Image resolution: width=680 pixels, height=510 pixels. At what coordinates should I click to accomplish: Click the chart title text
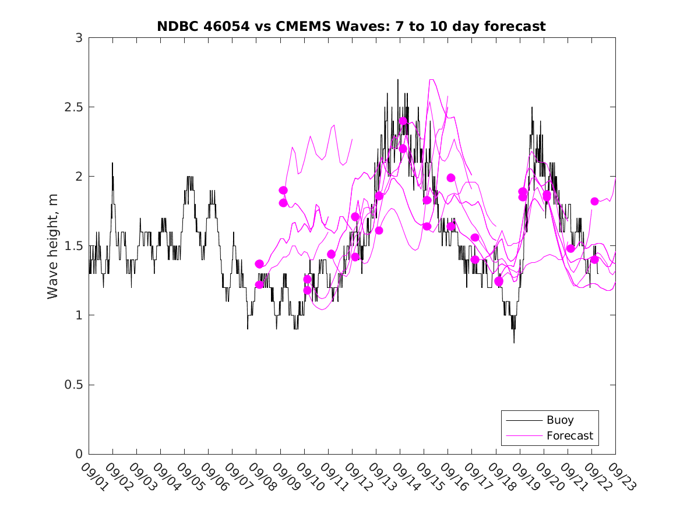pos(351,26)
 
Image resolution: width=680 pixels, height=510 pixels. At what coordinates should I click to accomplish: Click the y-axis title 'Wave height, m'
pos(53,246)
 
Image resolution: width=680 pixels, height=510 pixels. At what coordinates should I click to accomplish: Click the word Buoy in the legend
pos(560,420)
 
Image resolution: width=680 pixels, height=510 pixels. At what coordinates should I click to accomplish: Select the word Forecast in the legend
pos(570,435)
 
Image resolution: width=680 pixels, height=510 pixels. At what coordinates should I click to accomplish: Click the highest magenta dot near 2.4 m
pos(403,121)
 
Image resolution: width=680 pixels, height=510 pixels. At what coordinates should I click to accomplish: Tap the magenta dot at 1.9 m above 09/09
pos(283,190)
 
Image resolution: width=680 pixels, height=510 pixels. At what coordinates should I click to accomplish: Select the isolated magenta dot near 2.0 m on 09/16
pos(451,178)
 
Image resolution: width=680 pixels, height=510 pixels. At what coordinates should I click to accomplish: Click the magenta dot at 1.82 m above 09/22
pos(595,201)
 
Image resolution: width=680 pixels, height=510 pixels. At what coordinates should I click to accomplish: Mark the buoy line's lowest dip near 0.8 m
pos(514,343)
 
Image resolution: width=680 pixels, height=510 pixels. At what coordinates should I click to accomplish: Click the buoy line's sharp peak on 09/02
pos(112,163)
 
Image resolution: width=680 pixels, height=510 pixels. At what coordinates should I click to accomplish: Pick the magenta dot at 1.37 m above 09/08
pos(259,263)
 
